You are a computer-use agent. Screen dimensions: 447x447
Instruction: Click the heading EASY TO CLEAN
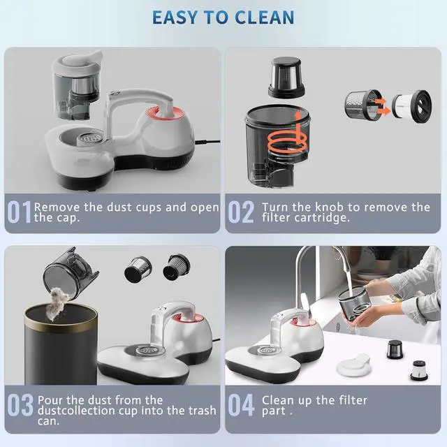tap(223, 17)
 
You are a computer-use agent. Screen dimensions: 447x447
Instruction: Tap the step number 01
tap(19, 212)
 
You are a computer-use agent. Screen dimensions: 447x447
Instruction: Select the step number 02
tap(241, 212)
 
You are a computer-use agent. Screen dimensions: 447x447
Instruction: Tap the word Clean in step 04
tap(278, 401)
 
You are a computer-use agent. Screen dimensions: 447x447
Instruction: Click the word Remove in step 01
tap(56, 207)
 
